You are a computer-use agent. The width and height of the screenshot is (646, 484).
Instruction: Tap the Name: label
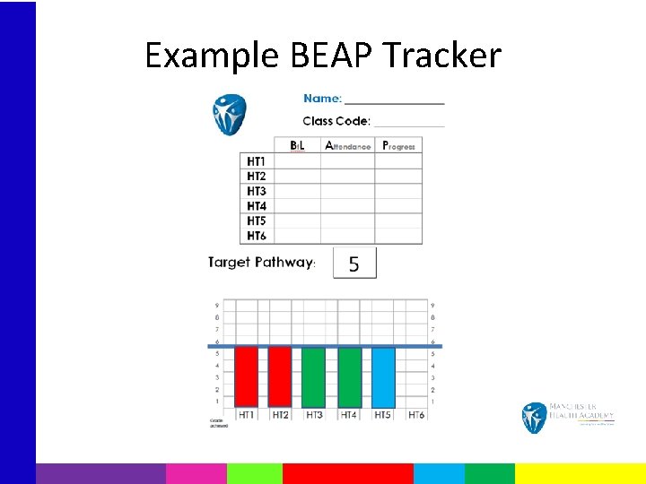322,99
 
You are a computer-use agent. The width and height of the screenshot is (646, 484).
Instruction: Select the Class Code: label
330,121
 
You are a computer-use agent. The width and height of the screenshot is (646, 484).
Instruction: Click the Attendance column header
347,145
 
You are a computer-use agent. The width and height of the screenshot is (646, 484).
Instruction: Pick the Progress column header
398,145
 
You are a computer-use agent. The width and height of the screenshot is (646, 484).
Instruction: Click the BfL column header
297,145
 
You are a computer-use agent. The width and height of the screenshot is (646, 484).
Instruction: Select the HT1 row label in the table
256,161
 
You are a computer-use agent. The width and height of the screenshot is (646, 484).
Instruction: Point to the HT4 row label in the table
256,206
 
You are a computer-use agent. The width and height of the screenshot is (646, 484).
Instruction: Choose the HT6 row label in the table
256,236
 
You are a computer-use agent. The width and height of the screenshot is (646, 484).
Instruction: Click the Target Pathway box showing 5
354,264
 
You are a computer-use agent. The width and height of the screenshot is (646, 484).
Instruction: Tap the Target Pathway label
261,263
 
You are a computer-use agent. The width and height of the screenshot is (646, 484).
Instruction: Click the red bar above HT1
247,376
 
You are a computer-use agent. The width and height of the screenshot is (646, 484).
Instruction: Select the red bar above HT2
280,376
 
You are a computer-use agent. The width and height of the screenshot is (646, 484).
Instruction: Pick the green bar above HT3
314,376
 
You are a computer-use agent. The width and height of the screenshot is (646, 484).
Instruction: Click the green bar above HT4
349,376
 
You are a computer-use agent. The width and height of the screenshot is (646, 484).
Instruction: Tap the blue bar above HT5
383,376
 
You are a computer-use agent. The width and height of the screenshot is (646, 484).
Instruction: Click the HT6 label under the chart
416,415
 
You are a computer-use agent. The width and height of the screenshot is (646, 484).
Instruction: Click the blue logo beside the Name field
229,114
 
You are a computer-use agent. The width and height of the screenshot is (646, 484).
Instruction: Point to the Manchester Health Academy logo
567,417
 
